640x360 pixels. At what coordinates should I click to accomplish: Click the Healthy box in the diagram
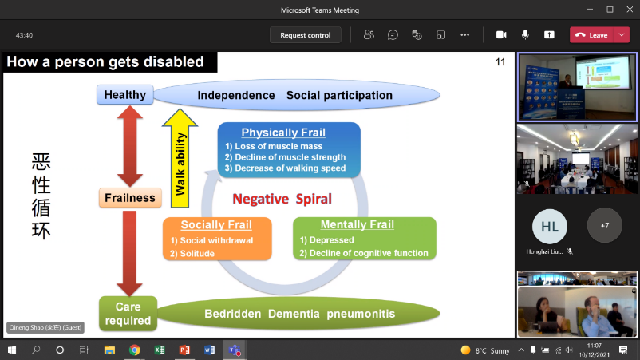[124, 95]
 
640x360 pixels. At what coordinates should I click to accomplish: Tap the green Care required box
[128, 313]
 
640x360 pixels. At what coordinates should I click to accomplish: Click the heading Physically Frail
[283, 133]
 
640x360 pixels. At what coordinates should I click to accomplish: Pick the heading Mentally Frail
[357, 225]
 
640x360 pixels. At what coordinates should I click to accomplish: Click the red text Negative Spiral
[282, 199]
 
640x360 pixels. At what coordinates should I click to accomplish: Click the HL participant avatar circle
[550, 227]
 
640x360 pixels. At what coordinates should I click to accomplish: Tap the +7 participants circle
[604, 226]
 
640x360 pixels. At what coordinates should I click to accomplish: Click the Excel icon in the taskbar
[160, 350]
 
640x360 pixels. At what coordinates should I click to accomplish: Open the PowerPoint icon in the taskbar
[184, 350]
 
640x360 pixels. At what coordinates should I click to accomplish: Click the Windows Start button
[12, 350]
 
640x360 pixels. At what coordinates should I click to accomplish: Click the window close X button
[628, 10]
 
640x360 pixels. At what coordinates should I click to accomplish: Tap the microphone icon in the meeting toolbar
[525, 35]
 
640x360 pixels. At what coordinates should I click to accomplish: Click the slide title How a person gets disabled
[105, 62]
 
